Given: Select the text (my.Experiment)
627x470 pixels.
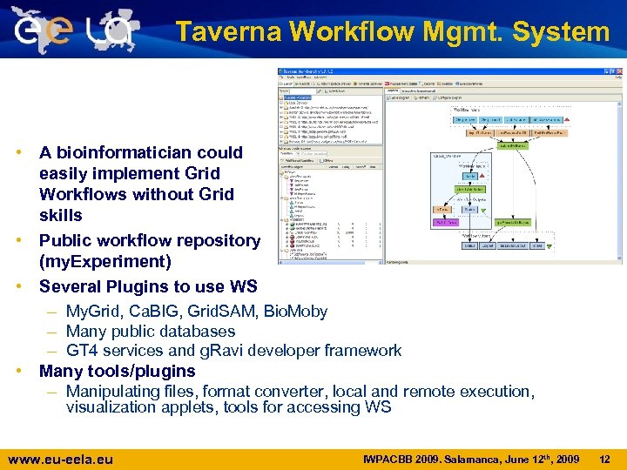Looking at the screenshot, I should click(97, 261).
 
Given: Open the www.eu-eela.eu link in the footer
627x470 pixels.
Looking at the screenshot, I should click(59, 459).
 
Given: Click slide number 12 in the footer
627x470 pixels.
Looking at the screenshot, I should click(606, 459).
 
